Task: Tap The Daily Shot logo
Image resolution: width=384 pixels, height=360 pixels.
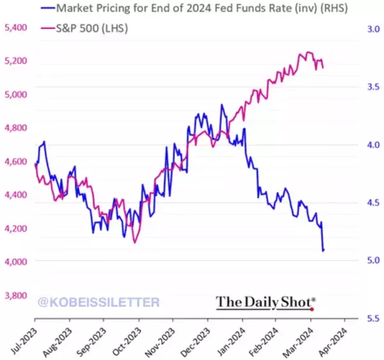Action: pyautogui.click(x=266, y=301)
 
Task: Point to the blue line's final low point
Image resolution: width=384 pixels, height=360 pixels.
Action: pyautogui.click(x=323, y=250)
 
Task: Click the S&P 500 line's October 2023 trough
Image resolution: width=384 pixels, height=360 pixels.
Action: pyautogui.click(x=134, y=242)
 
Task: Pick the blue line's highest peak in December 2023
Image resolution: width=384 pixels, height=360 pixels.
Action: pyautogui.click(x=221, y=105)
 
